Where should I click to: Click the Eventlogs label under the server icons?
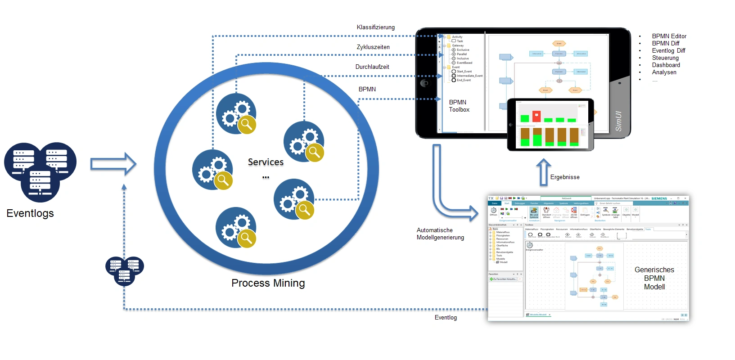click(x=30, y=213)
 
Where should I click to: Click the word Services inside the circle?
click(x=266, y=162)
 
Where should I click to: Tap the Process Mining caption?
click(x=268, y=283)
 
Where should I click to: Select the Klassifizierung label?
click(x=375, y=27)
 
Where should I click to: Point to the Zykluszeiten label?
click(x=373, y=47)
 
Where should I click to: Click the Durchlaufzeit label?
click(x=372, y=67)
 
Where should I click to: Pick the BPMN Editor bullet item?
click(x=669, y=36)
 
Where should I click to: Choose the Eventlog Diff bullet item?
click(x=668, y=51)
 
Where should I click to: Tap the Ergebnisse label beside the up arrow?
click(x=565, y=177)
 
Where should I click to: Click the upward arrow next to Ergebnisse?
click(x=543, y=172)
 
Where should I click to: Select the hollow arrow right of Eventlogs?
click(x=113, y=164)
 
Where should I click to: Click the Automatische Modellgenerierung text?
click(x=440, y=234)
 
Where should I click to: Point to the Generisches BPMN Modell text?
click(x=654, y=278)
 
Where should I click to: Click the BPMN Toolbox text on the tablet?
click(x=459, y=106)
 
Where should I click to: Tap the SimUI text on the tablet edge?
click(x=618, y=121)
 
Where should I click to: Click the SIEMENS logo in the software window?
click(x=659, y=198)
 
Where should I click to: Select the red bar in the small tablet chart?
click(x=537, y=116)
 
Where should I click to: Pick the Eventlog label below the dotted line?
click(x=446, y=318)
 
